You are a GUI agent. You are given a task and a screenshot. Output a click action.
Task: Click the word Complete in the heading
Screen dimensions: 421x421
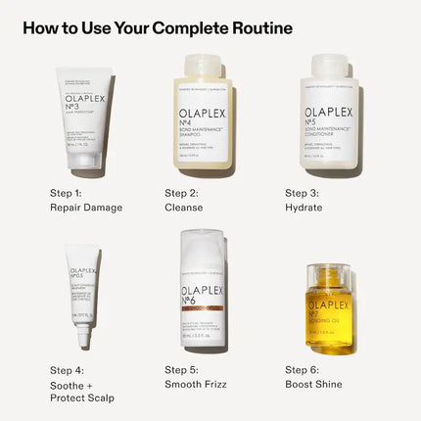pyautogui.click(x=180, y=27)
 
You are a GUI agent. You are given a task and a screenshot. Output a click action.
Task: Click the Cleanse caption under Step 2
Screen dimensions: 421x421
pyautogui.click(x=184, y=208)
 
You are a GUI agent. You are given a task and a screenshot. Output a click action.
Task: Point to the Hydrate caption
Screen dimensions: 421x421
pyautogui.click(x=304, y=208)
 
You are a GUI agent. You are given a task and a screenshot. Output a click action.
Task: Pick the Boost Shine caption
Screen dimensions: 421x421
pyautogui.click(x=313, y=384)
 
